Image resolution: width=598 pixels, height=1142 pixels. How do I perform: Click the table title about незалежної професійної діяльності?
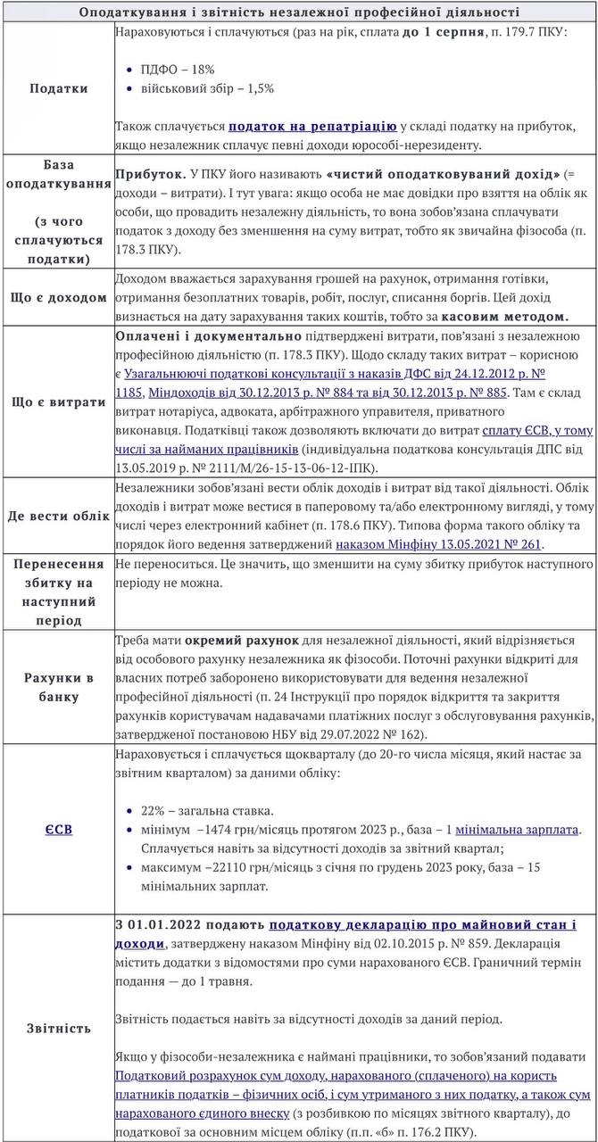(299, 12)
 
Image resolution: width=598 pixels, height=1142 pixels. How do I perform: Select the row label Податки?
(59, 88)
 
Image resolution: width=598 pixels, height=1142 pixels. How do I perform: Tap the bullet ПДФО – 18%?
(178, 69)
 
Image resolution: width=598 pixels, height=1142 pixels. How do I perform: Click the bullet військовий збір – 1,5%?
(207, 88)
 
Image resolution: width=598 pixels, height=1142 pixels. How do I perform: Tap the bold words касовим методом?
(505, 316)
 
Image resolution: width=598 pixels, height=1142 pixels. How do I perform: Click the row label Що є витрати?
(59, 401)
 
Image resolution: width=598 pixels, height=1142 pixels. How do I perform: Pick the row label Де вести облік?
(59, 516)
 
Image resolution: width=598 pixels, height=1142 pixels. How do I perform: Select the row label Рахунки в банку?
(59, 687)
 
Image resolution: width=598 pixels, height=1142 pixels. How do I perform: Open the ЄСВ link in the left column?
(59, 829)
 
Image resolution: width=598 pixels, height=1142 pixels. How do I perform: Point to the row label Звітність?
(59, 1028)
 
